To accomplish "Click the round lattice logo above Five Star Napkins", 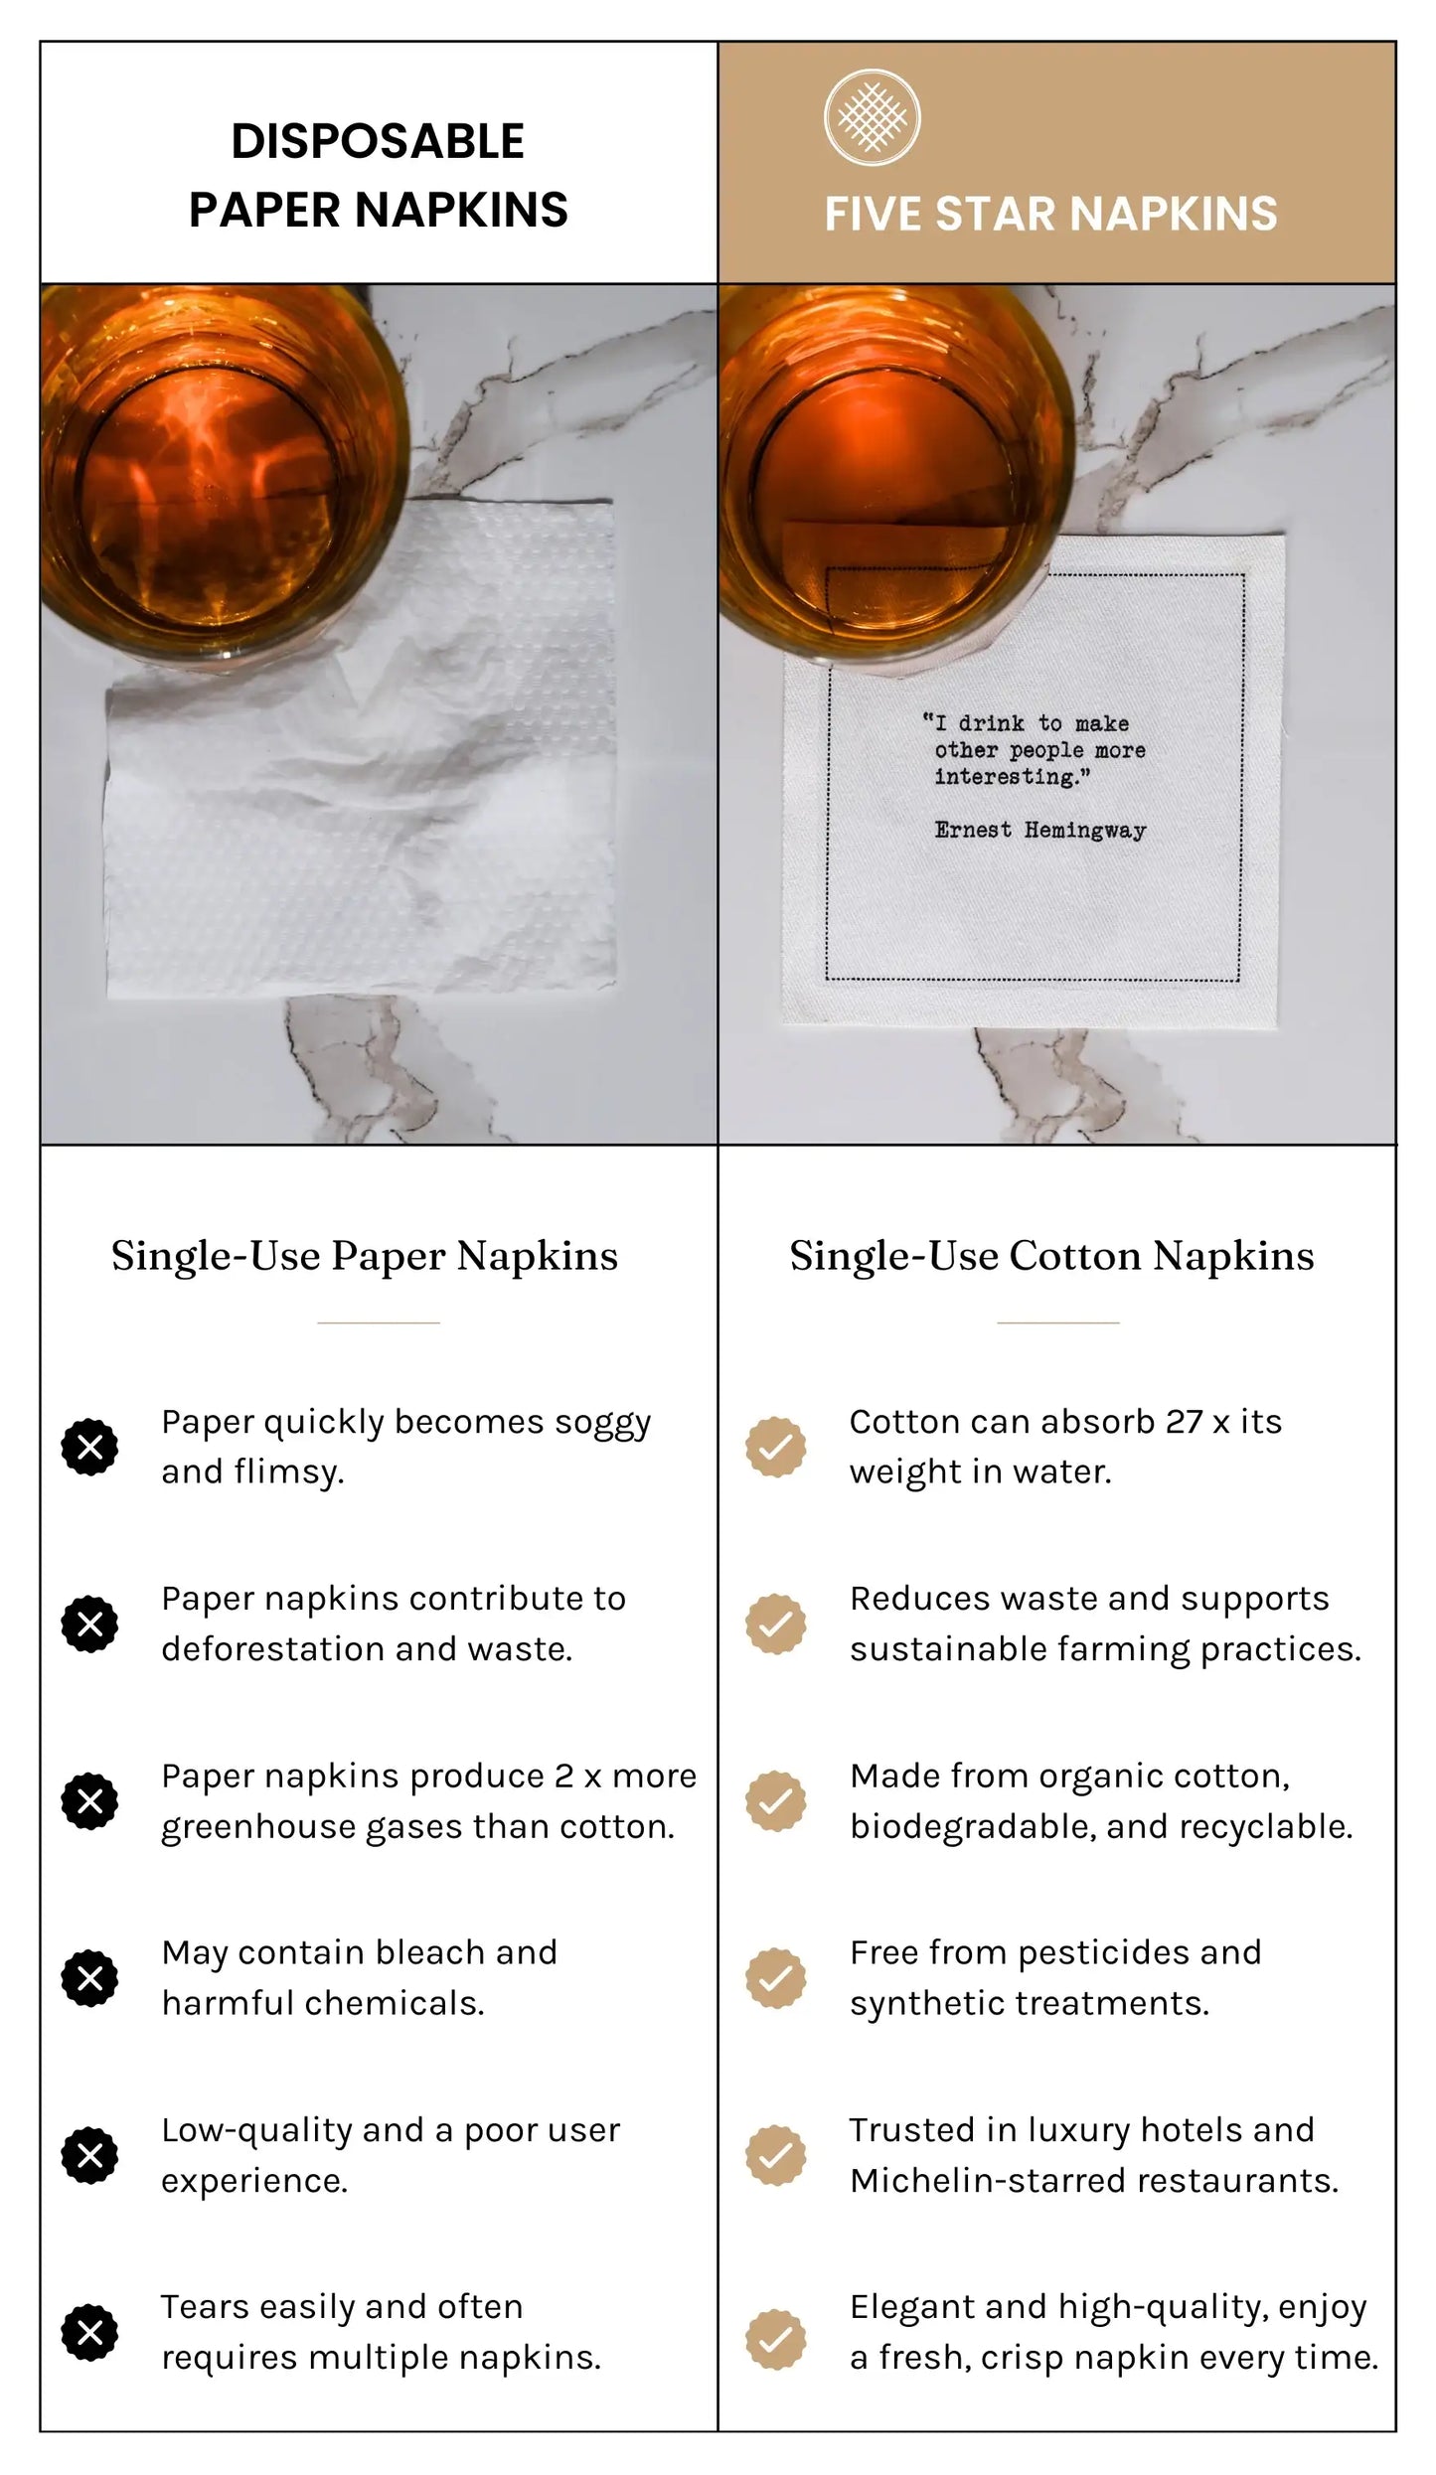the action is [872, 117].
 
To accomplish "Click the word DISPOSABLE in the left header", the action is [378, 141].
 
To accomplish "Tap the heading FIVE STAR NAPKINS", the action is [1050, 214].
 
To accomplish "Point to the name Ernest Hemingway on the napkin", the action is [1040, 830].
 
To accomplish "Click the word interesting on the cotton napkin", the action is [1006, 776].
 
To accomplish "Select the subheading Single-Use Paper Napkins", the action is [365, 1256].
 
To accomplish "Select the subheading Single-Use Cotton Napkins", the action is [1052, 1256].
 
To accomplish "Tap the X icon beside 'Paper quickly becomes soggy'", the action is [89, 1447].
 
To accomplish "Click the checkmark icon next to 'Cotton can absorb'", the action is [776, 1447].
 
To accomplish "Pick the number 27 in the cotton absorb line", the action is [1184, 1422].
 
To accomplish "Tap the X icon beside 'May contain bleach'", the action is [89, 1978].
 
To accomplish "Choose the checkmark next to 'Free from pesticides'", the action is [776, 1978].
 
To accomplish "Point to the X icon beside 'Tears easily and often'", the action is [89, 2332].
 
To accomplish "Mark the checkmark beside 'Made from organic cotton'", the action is [776, 1801].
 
